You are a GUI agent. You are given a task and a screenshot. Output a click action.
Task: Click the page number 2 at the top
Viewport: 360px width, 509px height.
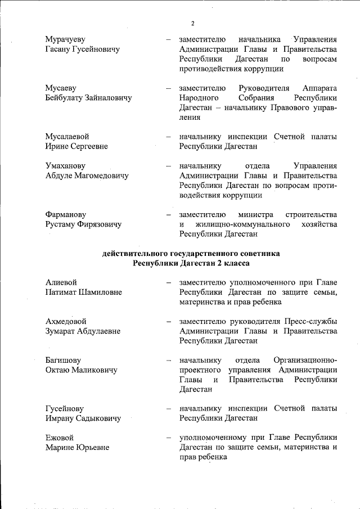[x=192, y=23]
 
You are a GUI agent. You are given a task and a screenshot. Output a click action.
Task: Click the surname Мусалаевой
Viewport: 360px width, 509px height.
[x=67, y=137]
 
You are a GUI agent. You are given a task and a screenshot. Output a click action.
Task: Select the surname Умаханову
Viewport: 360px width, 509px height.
[x=65, y=166]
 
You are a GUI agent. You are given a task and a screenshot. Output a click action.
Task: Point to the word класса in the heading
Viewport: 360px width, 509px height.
[x=236, y=263]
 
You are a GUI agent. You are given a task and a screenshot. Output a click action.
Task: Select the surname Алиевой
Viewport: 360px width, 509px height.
[x=61, y=282]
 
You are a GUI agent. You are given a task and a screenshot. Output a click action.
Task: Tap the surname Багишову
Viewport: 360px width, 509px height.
[x=63, y=360]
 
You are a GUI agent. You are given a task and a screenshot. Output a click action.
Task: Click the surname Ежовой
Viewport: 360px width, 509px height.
[x=59, y=438]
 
